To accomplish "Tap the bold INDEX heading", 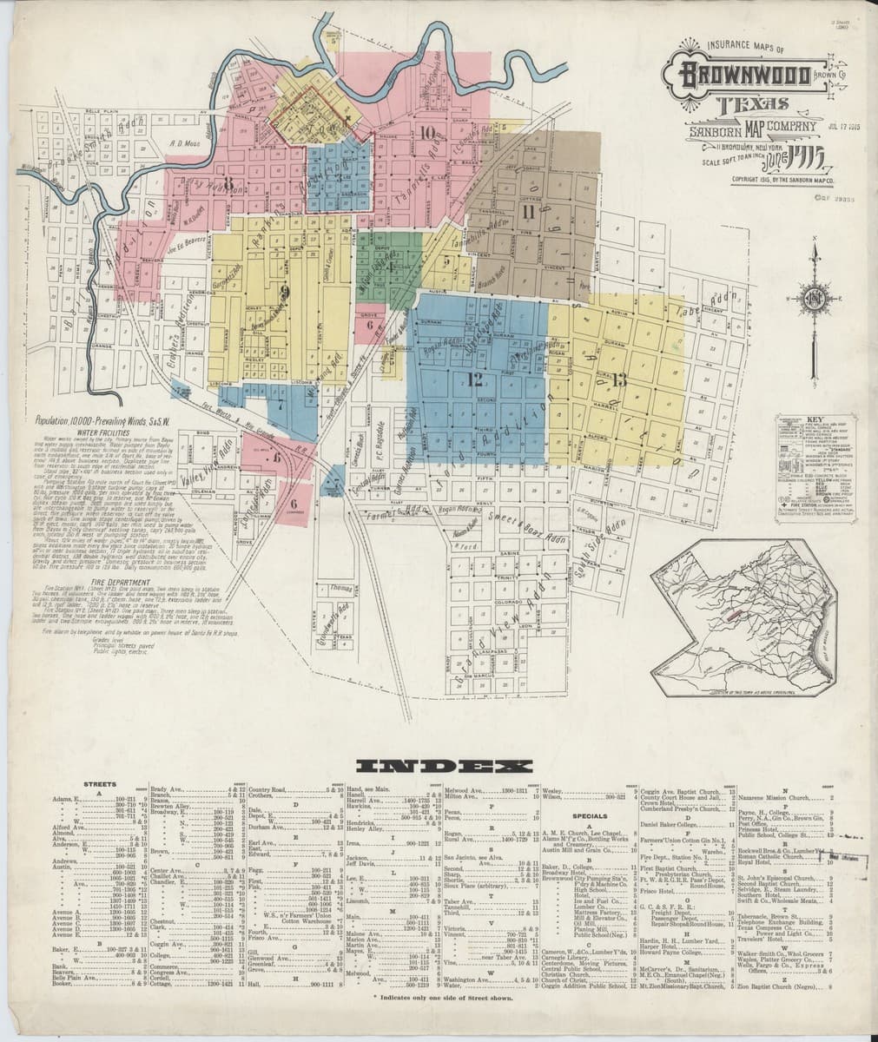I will tap(445, 766).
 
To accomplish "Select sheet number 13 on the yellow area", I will tap(618, 378).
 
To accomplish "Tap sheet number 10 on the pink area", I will tap(426, 133).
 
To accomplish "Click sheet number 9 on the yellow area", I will tap(284, 292).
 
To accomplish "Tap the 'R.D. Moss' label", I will tap(183, 144).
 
